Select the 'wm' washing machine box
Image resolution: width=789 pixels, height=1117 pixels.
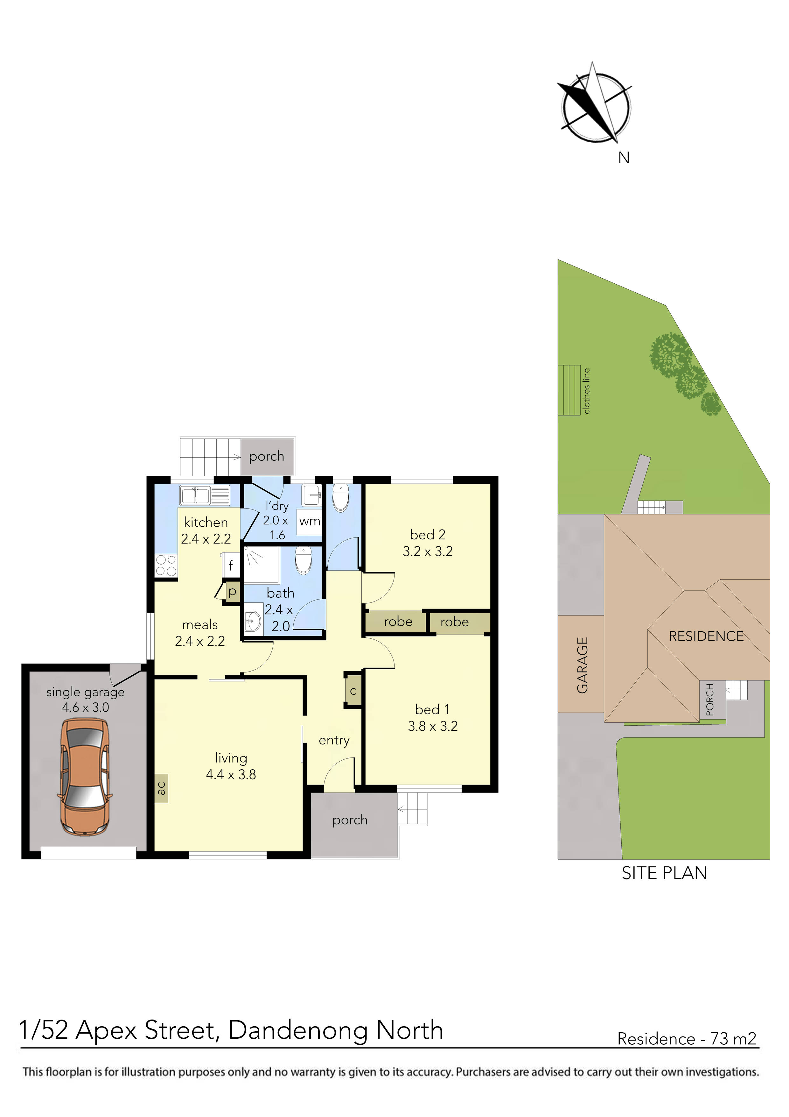tap(310, 522)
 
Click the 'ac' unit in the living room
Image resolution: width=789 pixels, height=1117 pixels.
tap(161, 788)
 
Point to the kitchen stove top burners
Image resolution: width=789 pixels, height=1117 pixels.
tap(166, 565)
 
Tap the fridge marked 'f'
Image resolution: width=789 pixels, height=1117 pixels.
tap(231, 565)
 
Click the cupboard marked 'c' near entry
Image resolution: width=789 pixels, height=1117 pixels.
tap(353, 691)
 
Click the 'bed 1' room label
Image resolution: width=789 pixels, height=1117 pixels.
tap(432, 709)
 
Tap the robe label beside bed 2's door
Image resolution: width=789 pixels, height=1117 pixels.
tap(398, 622)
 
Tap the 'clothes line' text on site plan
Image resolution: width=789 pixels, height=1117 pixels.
tap(586, 391)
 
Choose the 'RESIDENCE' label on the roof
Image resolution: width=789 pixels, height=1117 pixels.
tap(706, 636)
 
